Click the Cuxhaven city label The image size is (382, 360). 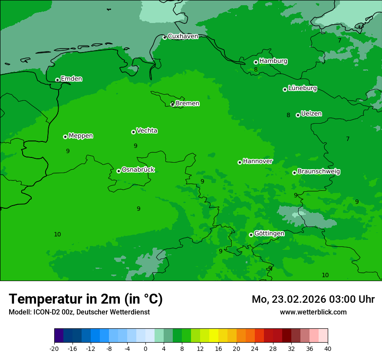(183, 36)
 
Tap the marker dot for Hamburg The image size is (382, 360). (256, 62)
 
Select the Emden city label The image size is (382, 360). (71, 79)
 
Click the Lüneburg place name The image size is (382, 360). (302, 88)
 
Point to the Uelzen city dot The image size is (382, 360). (298, 115)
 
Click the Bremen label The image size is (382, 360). (187, 104)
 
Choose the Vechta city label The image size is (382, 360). (147, 131)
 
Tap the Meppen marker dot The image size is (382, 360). (65, 137)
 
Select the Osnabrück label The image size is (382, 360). (138, 170)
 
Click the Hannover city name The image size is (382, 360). (257, 161)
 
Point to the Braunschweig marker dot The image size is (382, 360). (294, 173)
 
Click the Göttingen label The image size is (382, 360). (269, 233)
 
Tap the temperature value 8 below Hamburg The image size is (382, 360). (256, 70)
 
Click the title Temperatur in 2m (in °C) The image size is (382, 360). (86, 299)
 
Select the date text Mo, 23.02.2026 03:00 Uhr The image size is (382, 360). (313, 299)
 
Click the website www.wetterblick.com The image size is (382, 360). (313, 312)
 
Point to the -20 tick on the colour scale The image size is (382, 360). (54, 349)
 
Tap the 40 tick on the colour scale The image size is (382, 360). (328, 349)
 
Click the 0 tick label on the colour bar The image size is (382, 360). (145, 349)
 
